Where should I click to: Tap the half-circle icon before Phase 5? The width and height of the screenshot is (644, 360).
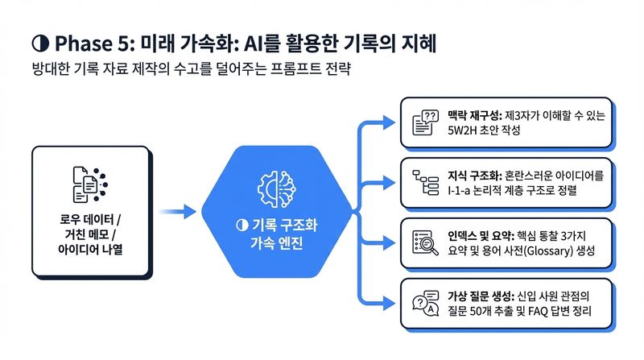point(40,43)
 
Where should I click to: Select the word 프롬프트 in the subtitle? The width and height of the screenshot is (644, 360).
point(295,68)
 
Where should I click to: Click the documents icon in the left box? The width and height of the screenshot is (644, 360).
point(90,184)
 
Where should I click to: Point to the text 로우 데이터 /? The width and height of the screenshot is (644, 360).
point(90,218)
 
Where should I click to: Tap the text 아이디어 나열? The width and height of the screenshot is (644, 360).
point(90,249)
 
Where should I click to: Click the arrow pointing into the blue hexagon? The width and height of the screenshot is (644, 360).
point(178,212)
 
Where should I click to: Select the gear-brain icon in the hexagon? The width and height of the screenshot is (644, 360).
point(277,188)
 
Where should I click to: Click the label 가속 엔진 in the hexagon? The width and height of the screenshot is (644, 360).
point(277,243)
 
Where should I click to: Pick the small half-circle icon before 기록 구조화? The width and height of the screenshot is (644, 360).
point(242,225)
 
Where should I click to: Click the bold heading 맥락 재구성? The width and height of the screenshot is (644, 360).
point(474,115)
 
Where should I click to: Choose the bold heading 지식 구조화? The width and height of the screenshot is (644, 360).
point(474,176)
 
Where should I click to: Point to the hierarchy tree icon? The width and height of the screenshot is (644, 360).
point(426,182)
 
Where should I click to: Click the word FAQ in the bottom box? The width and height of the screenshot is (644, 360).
point(538,311)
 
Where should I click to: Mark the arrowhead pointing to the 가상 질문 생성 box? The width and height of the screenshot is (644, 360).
point(389,304)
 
